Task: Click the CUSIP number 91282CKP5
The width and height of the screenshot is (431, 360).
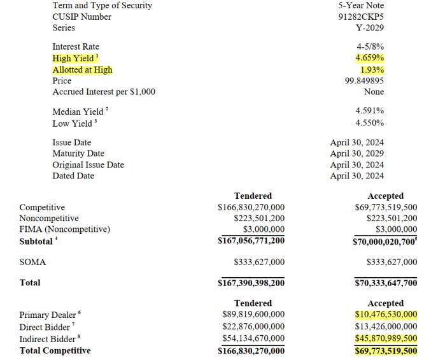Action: (360, 17)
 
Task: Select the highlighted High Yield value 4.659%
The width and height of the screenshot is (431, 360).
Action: (369, 58)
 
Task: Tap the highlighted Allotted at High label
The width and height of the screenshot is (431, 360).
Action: (83, 69)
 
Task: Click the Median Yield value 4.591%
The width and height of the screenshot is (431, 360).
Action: (369, 111)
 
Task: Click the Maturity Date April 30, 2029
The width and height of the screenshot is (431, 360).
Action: (357, 154)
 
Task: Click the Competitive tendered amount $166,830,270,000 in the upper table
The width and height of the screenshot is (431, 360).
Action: (251, 207)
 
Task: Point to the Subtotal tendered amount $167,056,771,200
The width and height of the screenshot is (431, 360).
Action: (251, 241)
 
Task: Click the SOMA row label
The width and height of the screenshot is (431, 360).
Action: (32, 262)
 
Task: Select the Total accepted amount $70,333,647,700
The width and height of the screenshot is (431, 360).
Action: (385, 283)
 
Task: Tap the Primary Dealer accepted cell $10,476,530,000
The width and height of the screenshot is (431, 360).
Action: (385, 315)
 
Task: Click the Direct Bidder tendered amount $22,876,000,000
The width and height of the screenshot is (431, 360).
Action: (253, 327)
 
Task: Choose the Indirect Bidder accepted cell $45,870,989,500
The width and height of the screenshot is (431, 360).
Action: (385, 338)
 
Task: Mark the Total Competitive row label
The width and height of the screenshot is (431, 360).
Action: (55, 350)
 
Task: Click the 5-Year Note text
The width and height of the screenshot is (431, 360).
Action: (361, 5)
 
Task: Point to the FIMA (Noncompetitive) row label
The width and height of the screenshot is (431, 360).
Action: (64, 229)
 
